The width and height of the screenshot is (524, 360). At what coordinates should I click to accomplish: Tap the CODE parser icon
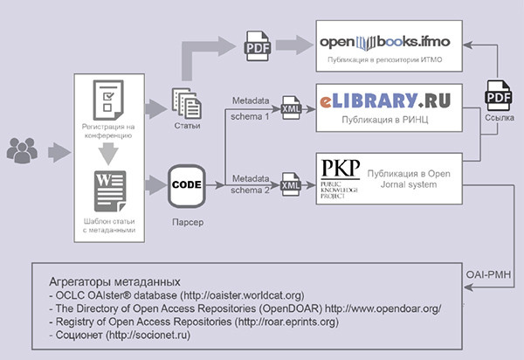[x=187, y=185]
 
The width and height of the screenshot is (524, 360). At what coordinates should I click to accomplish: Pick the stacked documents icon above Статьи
[x=186, y=105]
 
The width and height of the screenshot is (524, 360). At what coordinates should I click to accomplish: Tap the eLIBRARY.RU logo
[x=384, y=100]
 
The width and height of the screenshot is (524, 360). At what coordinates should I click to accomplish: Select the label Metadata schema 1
[x=249, y=107]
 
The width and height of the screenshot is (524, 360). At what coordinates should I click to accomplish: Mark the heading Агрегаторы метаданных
[x=114, y=282]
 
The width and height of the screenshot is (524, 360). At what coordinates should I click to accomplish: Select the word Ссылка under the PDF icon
[x=493, y=118]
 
